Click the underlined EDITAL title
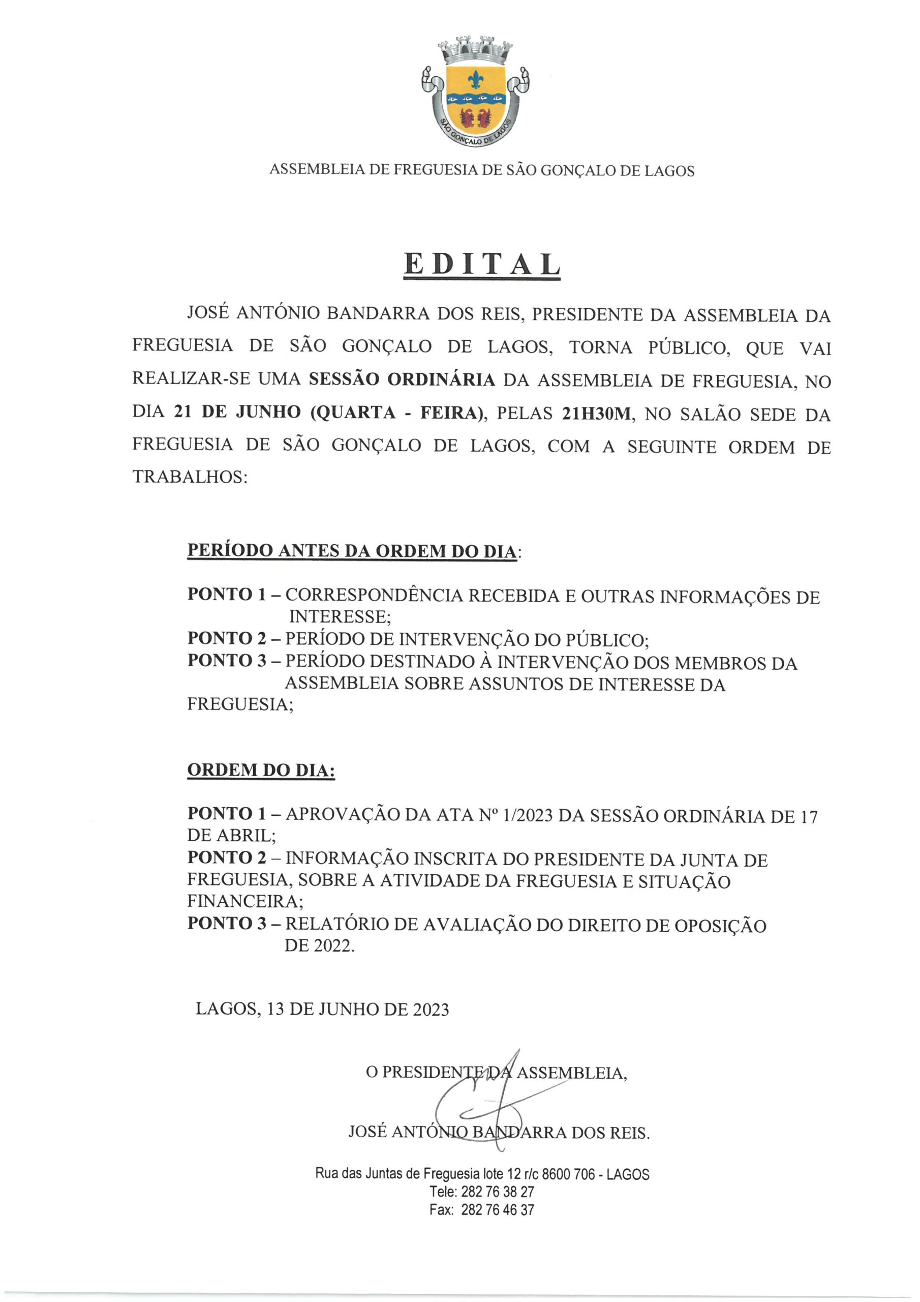(482, 265)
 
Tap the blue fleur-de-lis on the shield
(475, 79)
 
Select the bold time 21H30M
(596, 414)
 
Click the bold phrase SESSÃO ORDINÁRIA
(402, 380)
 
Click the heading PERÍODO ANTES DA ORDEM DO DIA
(352, 551)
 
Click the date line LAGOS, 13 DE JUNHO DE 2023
(322, 1009)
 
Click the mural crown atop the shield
(477, 50)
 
